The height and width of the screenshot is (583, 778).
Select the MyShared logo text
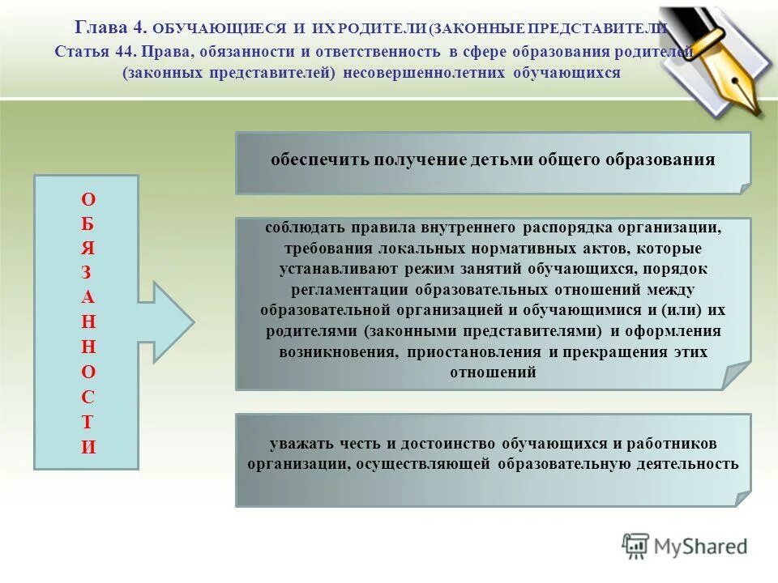point(701,547)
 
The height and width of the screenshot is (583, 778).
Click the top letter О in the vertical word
point(88,199)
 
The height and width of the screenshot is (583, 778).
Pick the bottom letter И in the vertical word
point(88,446)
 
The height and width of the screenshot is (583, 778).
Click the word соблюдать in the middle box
point(301,227)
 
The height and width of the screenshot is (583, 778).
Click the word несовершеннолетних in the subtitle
point(425,73)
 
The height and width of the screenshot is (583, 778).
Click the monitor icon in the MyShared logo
point(636,547)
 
